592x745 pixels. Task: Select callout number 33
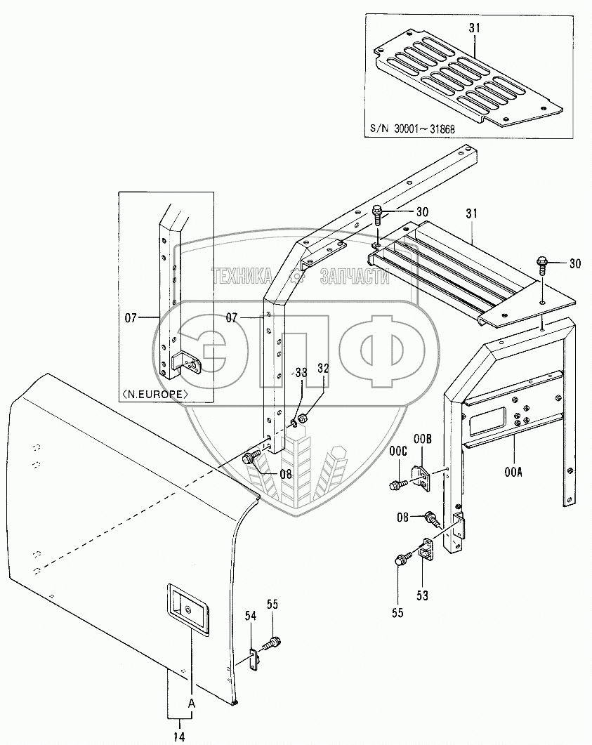coord(301,371)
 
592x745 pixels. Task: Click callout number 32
coord(323,367)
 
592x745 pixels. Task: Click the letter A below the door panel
coord(190,702)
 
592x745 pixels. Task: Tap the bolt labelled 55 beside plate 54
coord(272,642)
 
